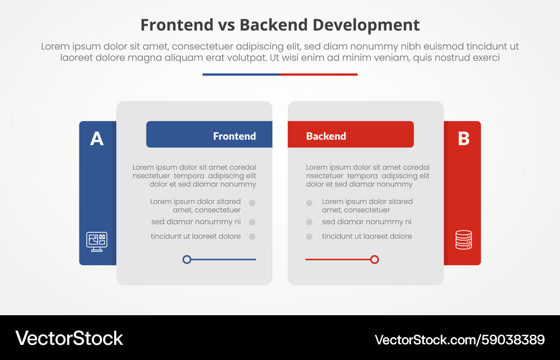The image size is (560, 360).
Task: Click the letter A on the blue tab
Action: (x=97, y=138)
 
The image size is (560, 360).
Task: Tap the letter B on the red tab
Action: (x=464, y=138)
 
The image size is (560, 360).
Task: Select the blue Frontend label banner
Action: (x=209, y=135)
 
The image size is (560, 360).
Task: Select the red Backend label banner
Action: (x=351, y=135)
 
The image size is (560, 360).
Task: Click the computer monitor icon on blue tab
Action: (x=96, y=241)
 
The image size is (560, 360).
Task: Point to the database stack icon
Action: (x=464, y=240)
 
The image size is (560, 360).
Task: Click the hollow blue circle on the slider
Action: (x=187, y=259)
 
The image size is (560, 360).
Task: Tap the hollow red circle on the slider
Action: (x=375, y=259)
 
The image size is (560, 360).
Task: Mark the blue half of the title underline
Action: (x=241, y=74)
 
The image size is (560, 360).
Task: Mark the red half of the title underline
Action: (x=319, y=74)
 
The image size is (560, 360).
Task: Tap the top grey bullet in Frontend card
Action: (x=252, y=203)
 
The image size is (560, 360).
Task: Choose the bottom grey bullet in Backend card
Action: (x=309, y=237)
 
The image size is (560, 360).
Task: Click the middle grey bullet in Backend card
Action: (x=309, y=222)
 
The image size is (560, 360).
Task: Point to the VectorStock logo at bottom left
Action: (x=69, y=338)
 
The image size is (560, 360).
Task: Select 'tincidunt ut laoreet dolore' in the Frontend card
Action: (x=195, y=236)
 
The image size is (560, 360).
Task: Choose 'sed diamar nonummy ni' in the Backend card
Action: (x=366, y=222)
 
